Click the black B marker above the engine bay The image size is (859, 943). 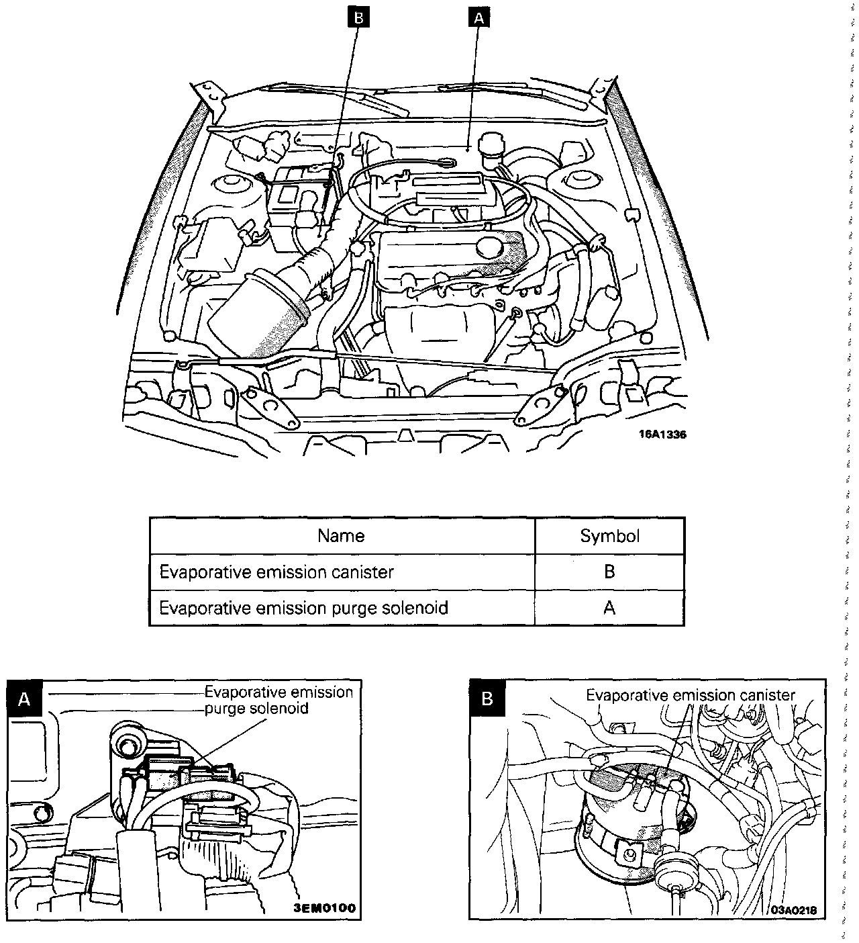click(x=358, y=18)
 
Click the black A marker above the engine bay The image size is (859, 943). click(x=478, y=18)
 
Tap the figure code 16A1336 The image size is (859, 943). click(x=662, y=435)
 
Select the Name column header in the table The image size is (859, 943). click(x=341, y=535)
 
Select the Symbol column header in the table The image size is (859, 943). click(x=609, y=535)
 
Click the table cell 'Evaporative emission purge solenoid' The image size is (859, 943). click(x=303, y=608)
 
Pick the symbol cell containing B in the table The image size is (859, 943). click(x=609, y=572)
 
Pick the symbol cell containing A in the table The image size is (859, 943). click(x=609, y=608)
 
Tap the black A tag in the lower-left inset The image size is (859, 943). click(x=25, y=699)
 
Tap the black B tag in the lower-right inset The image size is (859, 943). click(x=488, y=699)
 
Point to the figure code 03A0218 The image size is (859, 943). click(x=795, y=910)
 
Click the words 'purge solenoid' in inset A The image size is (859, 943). click(x=256, y=709)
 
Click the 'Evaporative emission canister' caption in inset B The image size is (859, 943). click(x=691, y=695)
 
